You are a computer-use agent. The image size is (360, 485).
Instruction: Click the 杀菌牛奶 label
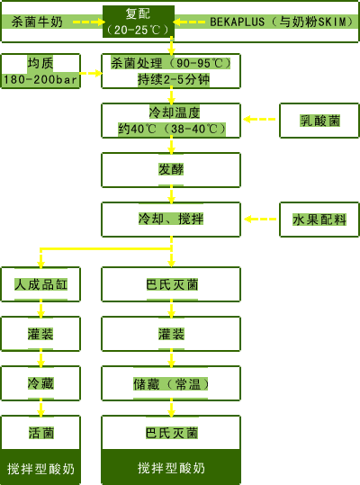coord(37,22)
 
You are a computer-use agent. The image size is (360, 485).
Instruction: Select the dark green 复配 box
coord(139,22)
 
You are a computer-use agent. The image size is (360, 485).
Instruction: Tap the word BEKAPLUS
coord(238,22)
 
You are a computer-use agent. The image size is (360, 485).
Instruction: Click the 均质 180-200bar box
coord(40,71)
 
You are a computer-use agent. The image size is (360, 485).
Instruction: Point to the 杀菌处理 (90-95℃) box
coord(171,71)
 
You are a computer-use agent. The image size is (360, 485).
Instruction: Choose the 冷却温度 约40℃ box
coord(171,121)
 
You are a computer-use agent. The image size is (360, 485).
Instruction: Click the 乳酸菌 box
coord(319,121)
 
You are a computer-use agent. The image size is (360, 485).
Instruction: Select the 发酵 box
coord(171,170)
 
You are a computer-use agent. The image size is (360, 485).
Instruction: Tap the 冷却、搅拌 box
coord(171,220)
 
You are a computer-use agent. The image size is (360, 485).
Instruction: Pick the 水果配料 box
coord(319,220)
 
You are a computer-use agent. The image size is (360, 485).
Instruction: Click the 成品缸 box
coord(40,284)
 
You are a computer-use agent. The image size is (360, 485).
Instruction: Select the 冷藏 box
coord(40,383)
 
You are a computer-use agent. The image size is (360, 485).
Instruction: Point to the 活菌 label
coord(41,433)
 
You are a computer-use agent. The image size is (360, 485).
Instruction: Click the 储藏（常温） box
coord(171,383)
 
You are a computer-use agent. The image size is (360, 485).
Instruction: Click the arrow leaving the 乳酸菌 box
coord(259,119)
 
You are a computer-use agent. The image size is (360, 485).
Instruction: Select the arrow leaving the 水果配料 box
coord(260,220)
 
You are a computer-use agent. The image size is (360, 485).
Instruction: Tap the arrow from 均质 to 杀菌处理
coord(91,73)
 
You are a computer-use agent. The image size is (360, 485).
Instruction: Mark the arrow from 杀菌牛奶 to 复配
coord(89,22)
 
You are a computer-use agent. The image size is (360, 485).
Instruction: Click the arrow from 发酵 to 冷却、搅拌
coord(171,195)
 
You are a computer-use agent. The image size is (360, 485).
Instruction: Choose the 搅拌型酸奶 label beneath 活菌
coord(40,469)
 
